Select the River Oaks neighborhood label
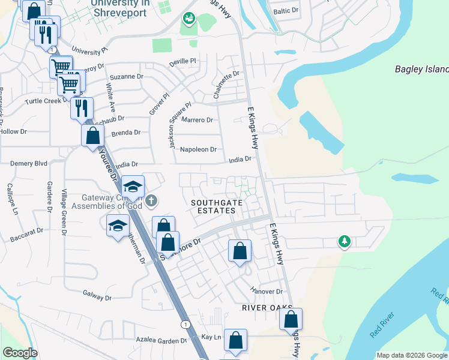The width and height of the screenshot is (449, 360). coord(262,307)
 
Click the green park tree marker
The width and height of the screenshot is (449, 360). coord(345,241)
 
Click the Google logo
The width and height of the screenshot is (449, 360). coord(20,353)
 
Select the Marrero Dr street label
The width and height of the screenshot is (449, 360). coord(197,120)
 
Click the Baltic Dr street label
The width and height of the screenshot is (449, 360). coord(285,11)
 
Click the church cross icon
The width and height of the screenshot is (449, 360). coord(152,200)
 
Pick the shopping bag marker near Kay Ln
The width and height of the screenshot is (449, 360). coord(235,340)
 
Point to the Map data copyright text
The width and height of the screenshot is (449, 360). coord(411,355)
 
